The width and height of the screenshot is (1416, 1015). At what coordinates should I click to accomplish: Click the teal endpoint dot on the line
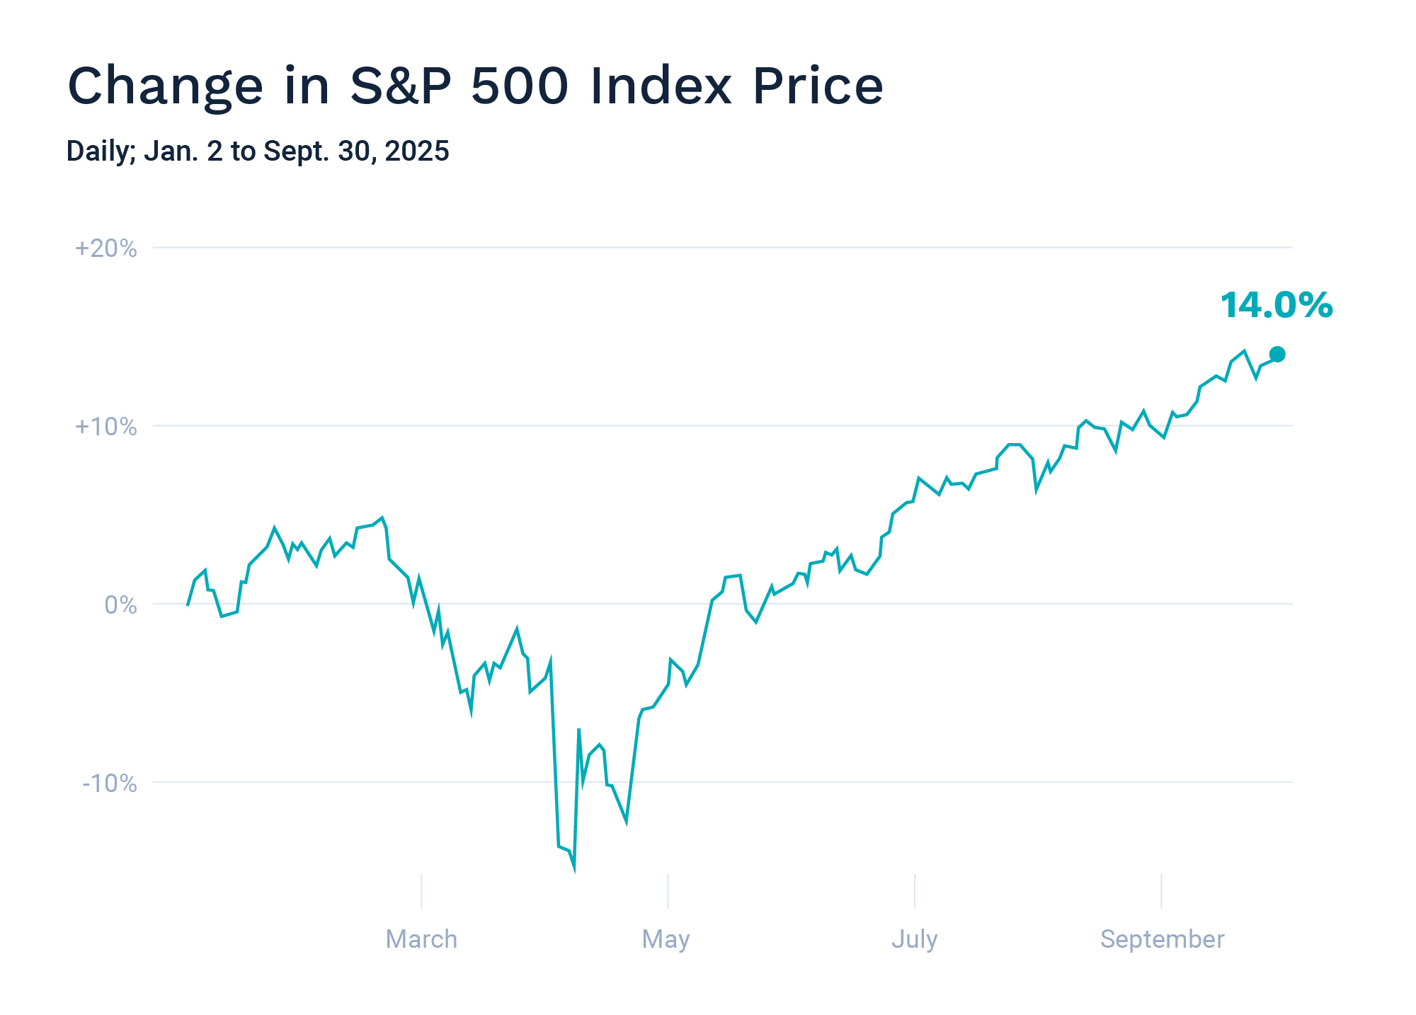click(1277, 355)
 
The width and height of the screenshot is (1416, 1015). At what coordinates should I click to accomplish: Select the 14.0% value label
click(1276, 306)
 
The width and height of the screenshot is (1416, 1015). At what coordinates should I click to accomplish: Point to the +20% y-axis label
click(106, 248)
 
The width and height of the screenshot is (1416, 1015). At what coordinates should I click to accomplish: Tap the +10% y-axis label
click(106, 427)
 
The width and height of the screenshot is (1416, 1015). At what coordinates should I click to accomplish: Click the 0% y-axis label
click(120, 605)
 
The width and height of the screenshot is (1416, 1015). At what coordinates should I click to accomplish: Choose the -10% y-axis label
click(110, 784)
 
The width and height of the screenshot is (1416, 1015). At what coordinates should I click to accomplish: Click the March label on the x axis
click(421, 939)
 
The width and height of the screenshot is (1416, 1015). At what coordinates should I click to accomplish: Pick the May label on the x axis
click(666, 939)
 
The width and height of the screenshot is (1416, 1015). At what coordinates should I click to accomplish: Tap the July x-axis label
click(914, 939)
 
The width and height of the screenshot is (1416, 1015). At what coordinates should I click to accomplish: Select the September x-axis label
click(1162, 939)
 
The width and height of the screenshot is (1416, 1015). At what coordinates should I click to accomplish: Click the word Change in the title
click(165, 86)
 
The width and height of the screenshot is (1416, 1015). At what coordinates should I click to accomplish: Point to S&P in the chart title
click(401, 86)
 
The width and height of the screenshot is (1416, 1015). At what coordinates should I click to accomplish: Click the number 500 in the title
click(520, 86)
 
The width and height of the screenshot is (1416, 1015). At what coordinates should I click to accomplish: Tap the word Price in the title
click(817, 86)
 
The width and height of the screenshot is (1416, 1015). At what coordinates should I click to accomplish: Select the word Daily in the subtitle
click(100, 151)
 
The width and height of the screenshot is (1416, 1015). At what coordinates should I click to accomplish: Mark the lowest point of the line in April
click(574, 869)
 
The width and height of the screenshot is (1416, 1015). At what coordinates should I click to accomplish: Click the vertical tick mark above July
click(915, 891)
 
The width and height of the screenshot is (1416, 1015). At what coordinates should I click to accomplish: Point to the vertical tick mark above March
click(421, 891)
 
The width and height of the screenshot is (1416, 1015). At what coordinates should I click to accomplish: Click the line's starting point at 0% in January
click(188, 604)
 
